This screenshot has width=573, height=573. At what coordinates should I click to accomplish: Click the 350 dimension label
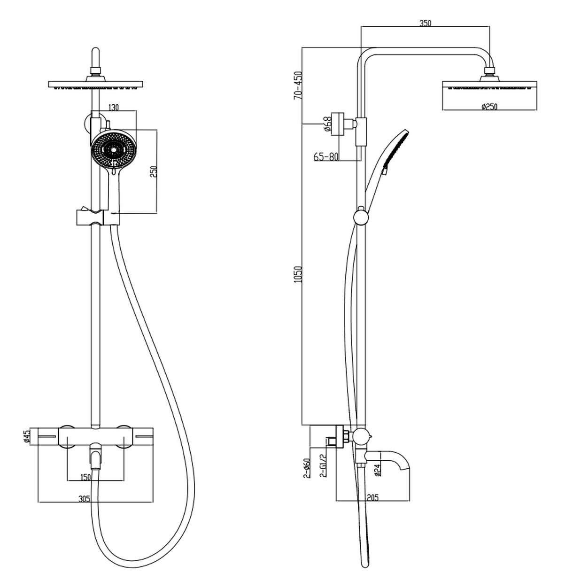(425, 23)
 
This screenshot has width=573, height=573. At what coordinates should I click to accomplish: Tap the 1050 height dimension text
(298, 274)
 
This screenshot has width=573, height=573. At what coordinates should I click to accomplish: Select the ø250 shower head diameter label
(489, 106)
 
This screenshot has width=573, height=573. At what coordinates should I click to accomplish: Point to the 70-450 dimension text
(298, 85)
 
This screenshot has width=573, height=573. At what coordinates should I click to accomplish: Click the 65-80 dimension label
(326, 156)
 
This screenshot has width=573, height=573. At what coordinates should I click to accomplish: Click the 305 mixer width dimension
(85, 498)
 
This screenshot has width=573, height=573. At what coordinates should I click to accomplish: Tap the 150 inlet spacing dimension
(85, 477)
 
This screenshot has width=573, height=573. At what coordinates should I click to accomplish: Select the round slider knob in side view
(361, 217)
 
